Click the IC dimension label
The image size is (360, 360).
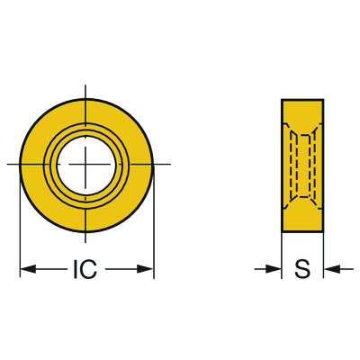tap(85, 269)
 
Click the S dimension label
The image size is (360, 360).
tap(302, 269)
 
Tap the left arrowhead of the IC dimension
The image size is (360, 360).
tap(28, 269)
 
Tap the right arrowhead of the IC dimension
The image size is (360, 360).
tap(146, 269)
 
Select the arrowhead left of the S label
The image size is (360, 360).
tap(274, 269)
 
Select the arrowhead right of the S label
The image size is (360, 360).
tap(332, 269)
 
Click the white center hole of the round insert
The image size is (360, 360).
tap(86, 165)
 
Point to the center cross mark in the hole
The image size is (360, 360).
tap(85, 164)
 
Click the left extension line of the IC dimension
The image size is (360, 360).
tap(20, 221)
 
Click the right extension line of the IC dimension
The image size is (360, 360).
tap(154, 221)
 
